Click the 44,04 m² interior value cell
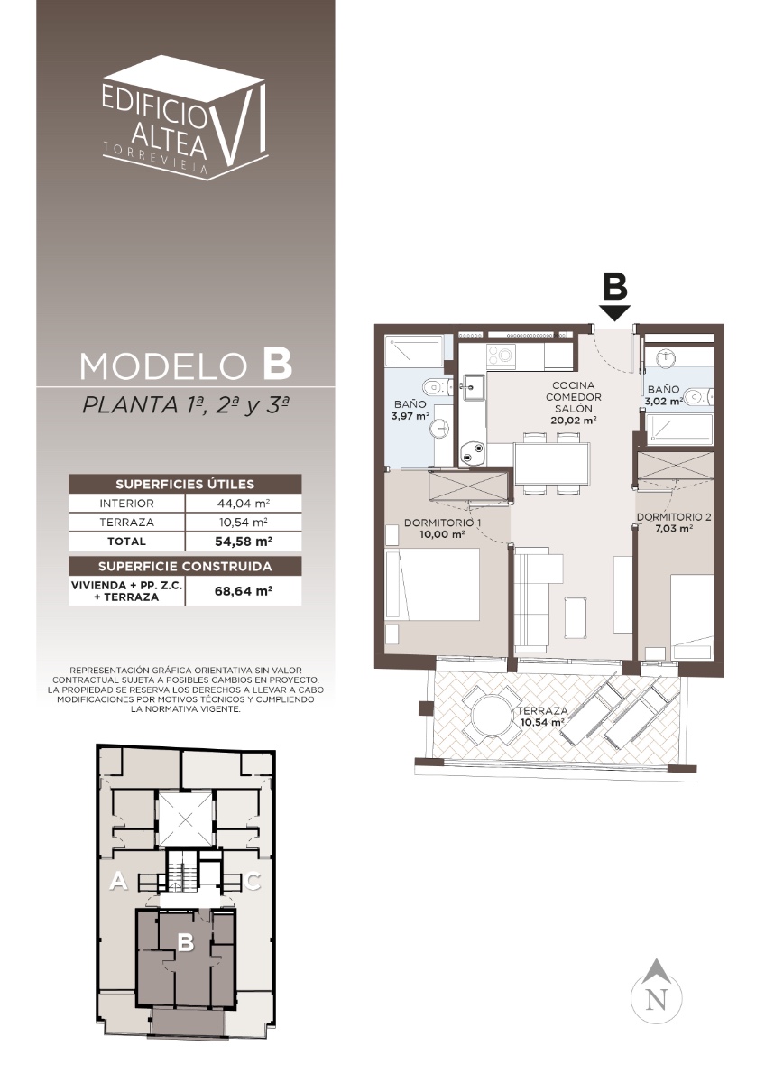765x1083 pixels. tap(243, 504)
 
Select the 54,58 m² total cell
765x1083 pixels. tap(243, 541)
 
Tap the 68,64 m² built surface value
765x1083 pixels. tap(243, 591)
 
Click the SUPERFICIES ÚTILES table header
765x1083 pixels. tap(185, 484)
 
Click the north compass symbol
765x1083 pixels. tap(656, 991)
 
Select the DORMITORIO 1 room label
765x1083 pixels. tap(442, 523)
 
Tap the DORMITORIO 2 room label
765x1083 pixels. tap(674, 517)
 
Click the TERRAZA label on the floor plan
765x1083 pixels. tap(542, 711)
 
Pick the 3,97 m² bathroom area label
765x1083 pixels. tap(410, 416)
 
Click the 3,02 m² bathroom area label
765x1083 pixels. tap(663, 401)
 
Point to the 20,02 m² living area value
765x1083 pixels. tap(573, 421)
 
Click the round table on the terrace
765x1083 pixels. tap(492, 715)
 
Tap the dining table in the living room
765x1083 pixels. tap(552, 464)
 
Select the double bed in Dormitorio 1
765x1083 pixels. tap(432, 584)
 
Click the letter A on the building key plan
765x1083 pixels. tap(118, 881)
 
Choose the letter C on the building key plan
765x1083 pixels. tap(252, 881)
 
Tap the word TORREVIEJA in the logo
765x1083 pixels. tap(155, 158)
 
